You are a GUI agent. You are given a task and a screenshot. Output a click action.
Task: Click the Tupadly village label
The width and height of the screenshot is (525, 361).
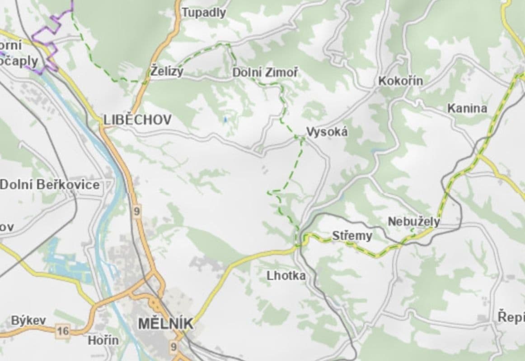pyautogui.click(x=203, y=13)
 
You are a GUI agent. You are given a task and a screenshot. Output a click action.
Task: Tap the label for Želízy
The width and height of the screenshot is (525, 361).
pyautogui.click(x=167, y=72)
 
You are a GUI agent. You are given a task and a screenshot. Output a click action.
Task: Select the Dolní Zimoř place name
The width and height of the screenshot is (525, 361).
pyautogui.click(x=265, y=72)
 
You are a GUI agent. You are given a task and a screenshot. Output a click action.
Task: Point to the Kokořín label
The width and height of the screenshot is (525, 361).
pyautogui.click(x=400, y=81)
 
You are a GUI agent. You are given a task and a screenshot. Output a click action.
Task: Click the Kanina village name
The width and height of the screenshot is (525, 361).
pyautogui.click(x=467, y=108)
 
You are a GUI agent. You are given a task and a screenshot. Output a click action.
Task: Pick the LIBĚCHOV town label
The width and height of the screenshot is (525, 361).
pyautogui.click(x=137, y=120)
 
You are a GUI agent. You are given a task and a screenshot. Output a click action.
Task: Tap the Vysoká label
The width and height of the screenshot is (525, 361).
pyautogui.click(x=327, y=132)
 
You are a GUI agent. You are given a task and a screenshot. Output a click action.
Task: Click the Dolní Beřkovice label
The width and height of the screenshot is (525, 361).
pyautogui.click(x=50, y=185)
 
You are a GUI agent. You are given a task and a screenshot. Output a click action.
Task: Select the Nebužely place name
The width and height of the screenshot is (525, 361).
pyautogui.click(x=413, y=222)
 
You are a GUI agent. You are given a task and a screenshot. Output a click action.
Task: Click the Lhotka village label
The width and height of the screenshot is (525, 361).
pyautogui.click(x=286, y=276)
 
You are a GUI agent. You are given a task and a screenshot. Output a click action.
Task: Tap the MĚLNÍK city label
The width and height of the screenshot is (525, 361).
pyautogui.click(x=165, y=324)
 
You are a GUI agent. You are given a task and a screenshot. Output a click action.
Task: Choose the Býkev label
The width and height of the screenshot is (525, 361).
pyautogui.click(x=28, y=320)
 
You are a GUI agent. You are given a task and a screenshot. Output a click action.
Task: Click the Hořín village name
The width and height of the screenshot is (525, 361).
pyautogui.click(x=103, y=340)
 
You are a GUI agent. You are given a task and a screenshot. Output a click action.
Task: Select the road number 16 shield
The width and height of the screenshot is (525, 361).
pyautogui.click(x=63, y=332)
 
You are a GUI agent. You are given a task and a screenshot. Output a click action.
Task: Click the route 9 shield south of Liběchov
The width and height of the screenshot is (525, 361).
pyautogui.click(x=137, y=211)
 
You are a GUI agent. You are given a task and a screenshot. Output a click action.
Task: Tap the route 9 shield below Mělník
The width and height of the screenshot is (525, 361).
pyautogui.click(x=174, y=347)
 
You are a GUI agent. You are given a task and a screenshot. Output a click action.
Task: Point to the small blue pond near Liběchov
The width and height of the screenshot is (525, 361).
pyautogui.click(x=225, y=120)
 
